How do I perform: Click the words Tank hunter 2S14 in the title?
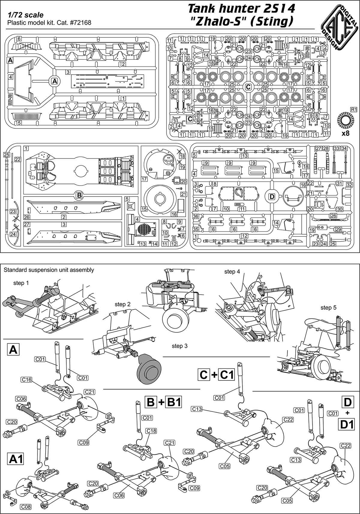pyautogui.click(x=241, y=9)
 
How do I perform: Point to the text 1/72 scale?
pyautogui.click(x=26, y=15)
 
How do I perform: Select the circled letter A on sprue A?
pyautogui.click(x=54, y=81)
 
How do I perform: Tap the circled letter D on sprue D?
pyautogui.click(x=271, y=197)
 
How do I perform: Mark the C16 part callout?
pyautogui.click(x=26, y=380)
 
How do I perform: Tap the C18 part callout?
pyautogui.click(x=151, y=430)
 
